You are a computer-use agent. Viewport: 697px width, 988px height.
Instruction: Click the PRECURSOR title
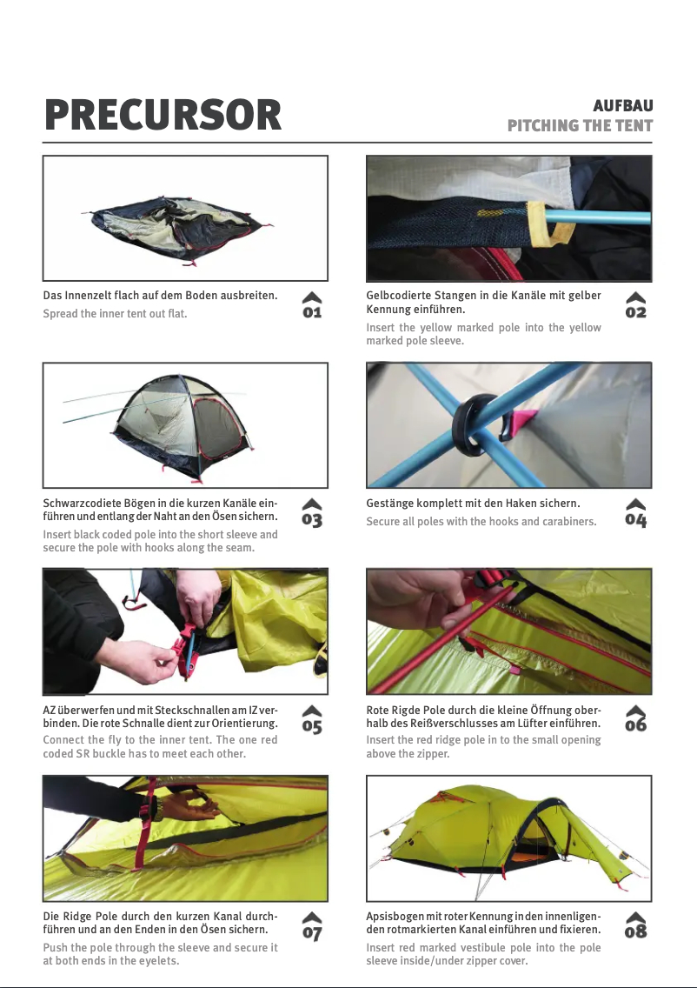[163, 116]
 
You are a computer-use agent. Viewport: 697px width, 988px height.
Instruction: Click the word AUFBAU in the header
[622, 106]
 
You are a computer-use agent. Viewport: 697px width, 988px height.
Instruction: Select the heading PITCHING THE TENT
[580, 126]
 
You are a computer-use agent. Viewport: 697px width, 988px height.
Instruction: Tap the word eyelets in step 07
[156, 961]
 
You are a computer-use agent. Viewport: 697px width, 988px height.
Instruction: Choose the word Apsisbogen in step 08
[395, 918]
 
